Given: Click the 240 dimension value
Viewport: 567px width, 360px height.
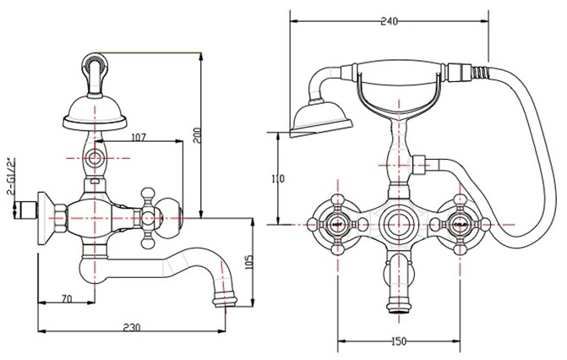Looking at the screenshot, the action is (x=389, y=21).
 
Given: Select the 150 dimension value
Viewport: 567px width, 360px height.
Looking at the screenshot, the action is (x=399, y=341).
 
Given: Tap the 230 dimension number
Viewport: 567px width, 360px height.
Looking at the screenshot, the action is (x=131, y=327).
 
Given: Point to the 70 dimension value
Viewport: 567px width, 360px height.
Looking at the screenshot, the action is (x=67, y=299).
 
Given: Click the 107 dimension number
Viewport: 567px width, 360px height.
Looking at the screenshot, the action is (x=139, y=137).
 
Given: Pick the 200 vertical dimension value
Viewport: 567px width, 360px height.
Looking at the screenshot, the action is (x=197, y=135).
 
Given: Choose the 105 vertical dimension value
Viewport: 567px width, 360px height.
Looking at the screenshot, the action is (x=249, y=262).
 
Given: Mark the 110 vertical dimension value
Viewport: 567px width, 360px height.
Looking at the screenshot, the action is (x=278, y=178).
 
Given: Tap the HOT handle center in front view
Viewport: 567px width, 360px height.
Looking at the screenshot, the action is (x=337, y=225).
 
